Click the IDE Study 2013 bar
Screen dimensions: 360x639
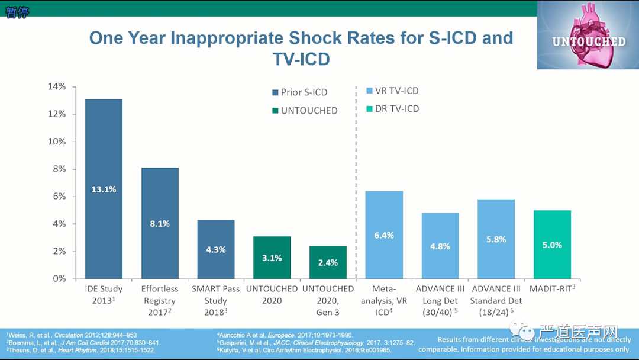[x=104, y=189]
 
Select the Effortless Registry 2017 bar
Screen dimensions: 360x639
[x=160, y=223]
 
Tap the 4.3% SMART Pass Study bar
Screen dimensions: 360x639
[x=216, y=249]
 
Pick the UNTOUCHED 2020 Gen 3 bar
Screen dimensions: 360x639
[x=328, y=262]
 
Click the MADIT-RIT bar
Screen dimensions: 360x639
[x=552, y=245]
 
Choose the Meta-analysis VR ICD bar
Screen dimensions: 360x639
[x=384, y=234]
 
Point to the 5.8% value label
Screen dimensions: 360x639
[x=496, y=239]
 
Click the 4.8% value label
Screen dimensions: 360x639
[x=440, y=246]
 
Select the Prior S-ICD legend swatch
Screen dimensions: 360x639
[x=275, y=92]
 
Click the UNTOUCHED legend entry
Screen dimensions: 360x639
[x=309, y=111]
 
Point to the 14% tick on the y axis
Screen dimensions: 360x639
[x=57, y=86]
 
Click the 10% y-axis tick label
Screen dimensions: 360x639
[x=57, y=142]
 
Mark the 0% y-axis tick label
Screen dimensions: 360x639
[x=59, y=278]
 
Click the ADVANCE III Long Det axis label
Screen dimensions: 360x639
[x=440, y=300]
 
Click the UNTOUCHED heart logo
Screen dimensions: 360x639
[x=588, y=35]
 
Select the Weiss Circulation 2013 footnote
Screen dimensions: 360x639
[x=72, y=335]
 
